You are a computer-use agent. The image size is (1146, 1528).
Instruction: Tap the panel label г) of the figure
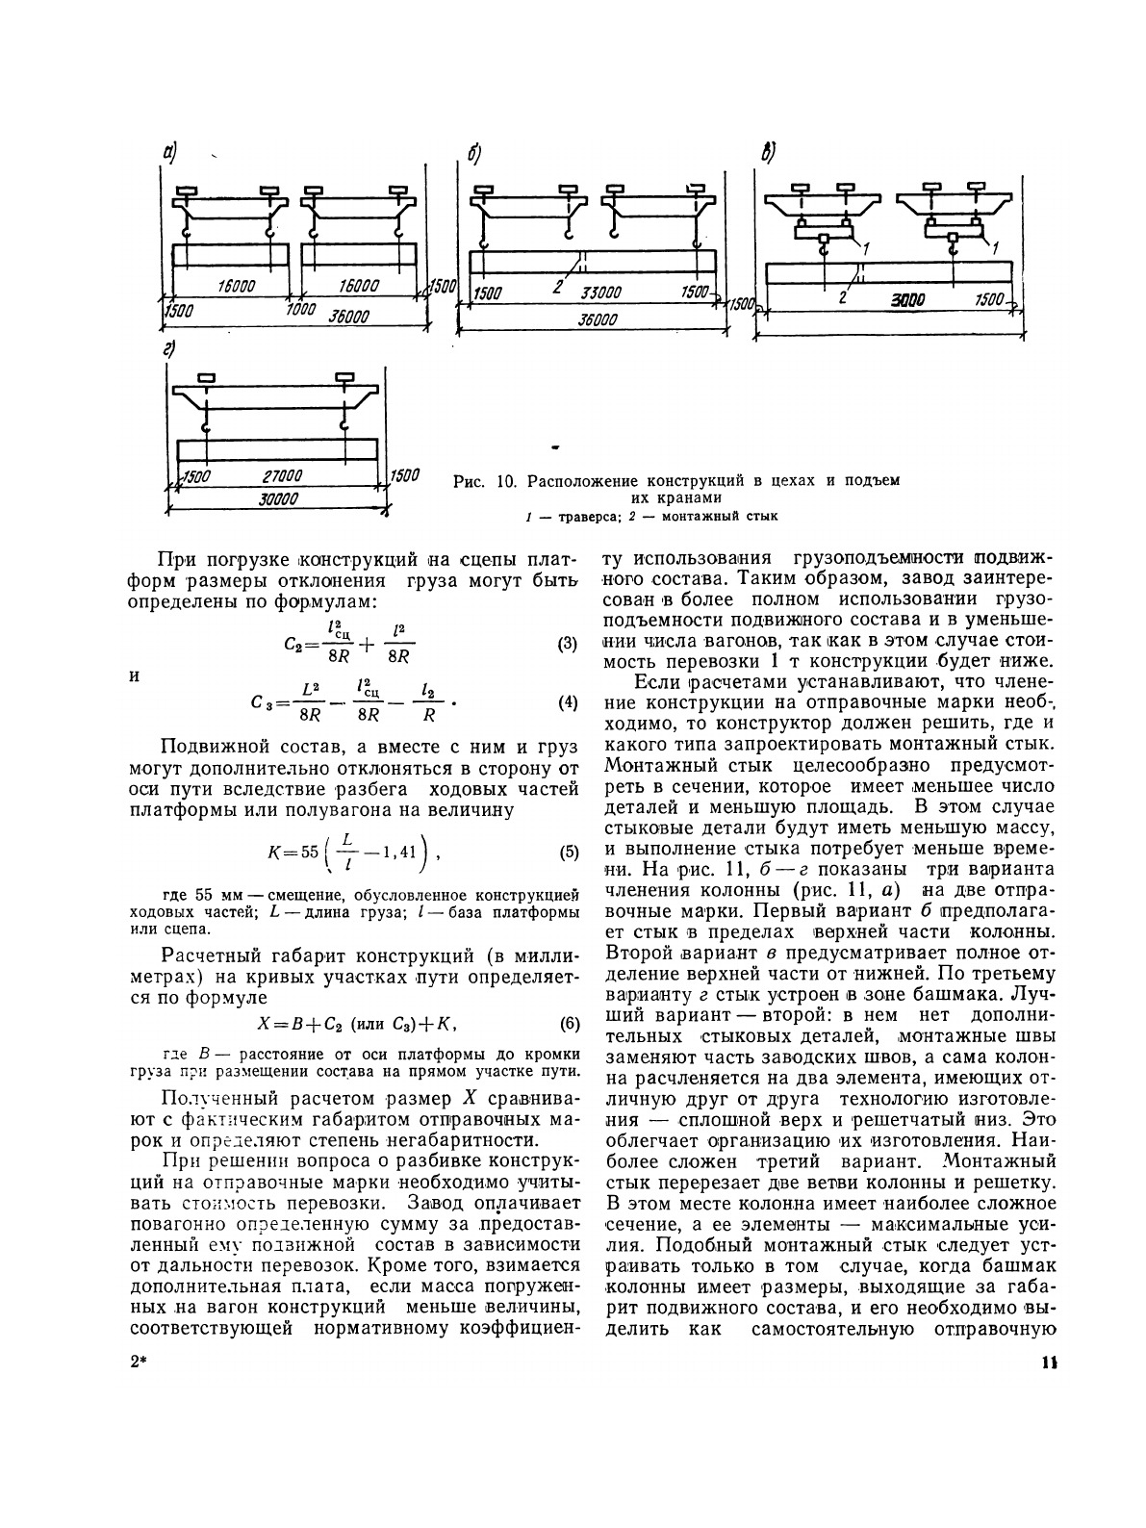click(x=170, y=350)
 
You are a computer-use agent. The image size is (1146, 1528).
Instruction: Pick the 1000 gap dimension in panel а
click(x=301, y=310)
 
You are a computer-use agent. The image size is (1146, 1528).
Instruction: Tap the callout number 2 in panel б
click(x=558, y=286)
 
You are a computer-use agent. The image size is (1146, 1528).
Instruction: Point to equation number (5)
click(x=568, y=853)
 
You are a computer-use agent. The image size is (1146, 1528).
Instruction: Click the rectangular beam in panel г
click(x=276, y=450)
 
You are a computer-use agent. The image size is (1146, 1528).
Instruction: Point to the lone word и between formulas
click(x=135, y=675)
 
